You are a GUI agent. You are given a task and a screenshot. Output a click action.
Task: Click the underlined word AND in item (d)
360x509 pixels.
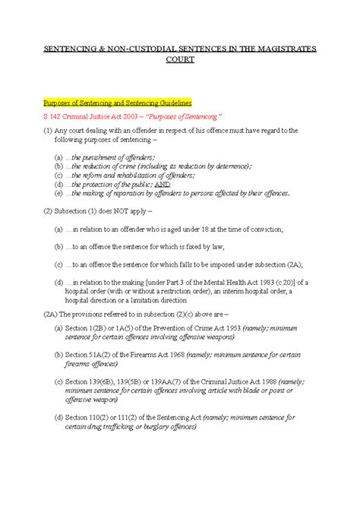183,184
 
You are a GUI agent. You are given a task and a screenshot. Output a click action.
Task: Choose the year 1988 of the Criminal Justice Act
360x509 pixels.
264,382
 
